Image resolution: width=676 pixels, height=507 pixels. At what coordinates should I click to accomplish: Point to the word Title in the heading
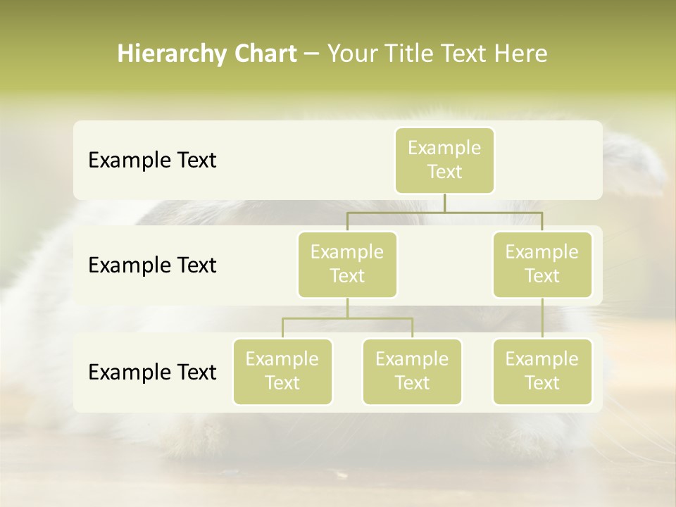click(408, 54)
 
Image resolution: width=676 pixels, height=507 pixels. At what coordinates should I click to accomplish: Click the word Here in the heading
click(521, 54)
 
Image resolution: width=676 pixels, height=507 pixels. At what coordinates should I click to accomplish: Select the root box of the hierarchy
click(444, 161)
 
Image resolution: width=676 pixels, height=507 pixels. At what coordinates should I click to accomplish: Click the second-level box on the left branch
click(347, 265)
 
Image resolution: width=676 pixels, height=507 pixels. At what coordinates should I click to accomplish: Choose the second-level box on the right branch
click(542, 265)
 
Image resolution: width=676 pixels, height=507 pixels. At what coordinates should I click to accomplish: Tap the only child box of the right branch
click(542, 372)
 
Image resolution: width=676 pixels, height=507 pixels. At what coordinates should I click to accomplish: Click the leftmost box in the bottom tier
click(282, 372)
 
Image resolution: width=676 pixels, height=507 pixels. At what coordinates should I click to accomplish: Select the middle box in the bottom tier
click(412, 372)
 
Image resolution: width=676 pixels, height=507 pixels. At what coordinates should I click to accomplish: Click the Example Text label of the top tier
click(152, 161)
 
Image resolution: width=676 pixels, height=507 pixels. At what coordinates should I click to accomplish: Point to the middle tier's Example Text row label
click(152, 265)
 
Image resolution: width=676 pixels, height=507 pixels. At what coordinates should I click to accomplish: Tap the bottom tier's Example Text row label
click(152, 372)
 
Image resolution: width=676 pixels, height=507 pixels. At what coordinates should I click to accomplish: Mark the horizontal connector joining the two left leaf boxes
click(347, 318)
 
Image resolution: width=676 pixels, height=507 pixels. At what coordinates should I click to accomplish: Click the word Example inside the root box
click(444, 149)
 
